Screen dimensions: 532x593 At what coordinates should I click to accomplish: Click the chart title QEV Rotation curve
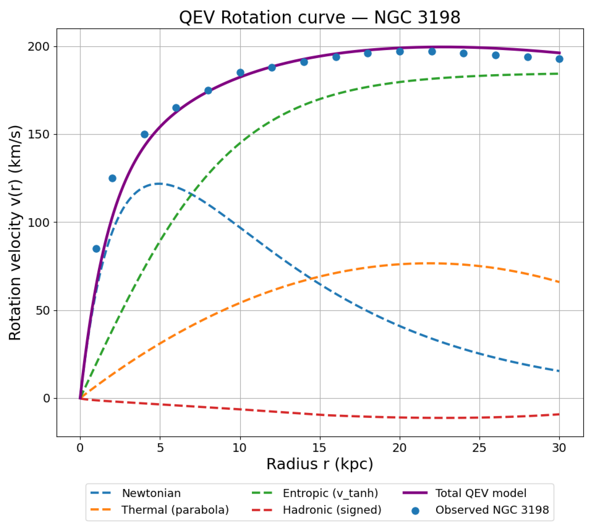pos(319,17)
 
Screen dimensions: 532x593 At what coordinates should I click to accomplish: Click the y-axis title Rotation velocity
pos(15,233)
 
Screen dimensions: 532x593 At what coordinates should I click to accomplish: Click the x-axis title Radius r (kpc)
pos(319,464)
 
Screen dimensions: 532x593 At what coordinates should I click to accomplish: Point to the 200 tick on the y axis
pos(39,47)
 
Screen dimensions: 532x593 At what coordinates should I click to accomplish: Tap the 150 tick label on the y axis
pos(39,135)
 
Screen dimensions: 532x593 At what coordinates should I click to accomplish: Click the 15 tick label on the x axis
pos(319,447)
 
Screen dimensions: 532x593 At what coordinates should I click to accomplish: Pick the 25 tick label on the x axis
pos(479,447)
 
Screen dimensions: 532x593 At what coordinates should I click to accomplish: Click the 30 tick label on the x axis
pos(559,447)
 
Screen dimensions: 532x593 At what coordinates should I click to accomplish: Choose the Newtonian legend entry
pos(151,493)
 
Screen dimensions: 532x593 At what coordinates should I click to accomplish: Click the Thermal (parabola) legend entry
pos(175,510)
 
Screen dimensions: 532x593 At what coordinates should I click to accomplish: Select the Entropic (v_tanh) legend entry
pos(330,493)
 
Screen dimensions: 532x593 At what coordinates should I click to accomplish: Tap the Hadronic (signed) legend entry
pos(332,510)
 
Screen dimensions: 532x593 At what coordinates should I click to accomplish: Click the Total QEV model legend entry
pos(481,493)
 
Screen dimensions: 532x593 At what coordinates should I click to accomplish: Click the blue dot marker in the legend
pos(415,511)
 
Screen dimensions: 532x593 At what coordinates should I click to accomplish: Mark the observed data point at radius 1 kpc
pos(96,249)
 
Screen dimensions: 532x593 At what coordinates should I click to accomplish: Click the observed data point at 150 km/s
pos(145,135)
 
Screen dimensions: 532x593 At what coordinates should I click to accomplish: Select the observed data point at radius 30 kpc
pos(559,59)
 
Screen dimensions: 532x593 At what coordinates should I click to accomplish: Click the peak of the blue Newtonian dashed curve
pos(158,183)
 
